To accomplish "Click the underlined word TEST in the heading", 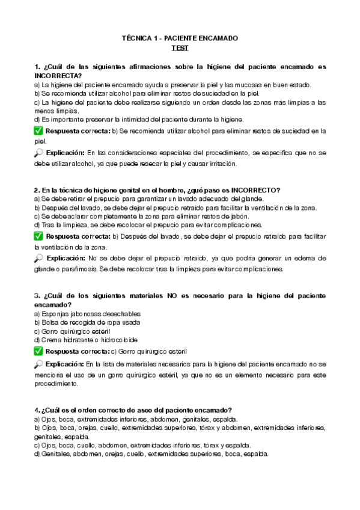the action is (180, 48).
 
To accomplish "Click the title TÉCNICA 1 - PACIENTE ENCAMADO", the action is (180, 38).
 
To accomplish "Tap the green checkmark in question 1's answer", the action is (38, 131).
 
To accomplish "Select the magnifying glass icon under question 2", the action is (38, 258).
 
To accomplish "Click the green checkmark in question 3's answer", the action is (38, 351).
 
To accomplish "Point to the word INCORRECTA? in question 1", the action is (58, 76).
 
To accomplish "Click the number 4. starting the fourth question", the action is (37, 410).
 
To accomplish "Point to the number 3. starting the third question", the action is (37, 296).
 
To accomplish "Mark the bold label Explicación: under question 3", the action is (64, 364).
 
